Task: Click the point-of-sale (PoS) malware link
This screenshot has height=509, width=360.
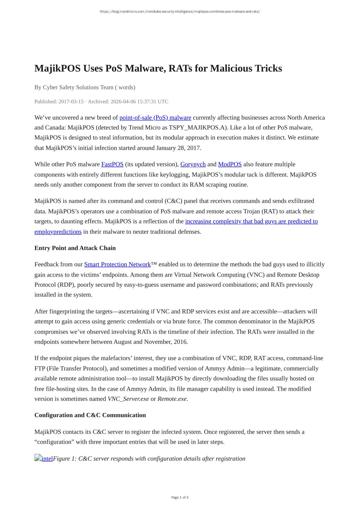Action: [155, 117]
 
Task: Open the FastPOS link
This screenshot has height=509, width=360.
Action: [112, 164]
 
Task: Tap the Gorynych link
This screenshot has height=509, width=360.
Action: [193, 164]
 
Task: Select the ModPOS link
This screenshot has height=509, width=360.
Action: [230, 164]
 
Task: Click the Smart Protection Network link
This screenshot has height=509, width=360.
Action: [117, 264]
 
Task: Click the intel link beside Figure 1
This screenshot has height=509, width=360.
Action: [47, 459]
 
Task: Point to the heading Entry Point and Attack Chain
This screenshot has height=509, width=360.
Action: [75, 248]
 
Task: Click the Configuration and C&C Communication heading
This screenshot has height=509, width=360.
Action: [90, 415]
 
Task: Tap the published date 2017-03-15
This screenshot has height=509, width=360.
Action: [71, 101]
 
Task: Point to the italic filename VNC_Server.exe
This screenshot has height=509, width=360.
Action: [128, 399]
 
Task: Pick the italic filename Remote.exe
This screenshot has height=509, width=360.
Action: [172, 399]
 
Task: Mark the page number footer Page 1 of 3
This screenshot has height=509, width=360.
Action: [180, 497]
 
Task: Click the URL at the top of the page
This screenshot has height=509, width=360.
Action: [180, 12]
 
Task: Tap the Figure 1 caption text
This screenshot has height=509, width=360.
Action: [149, 459]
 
